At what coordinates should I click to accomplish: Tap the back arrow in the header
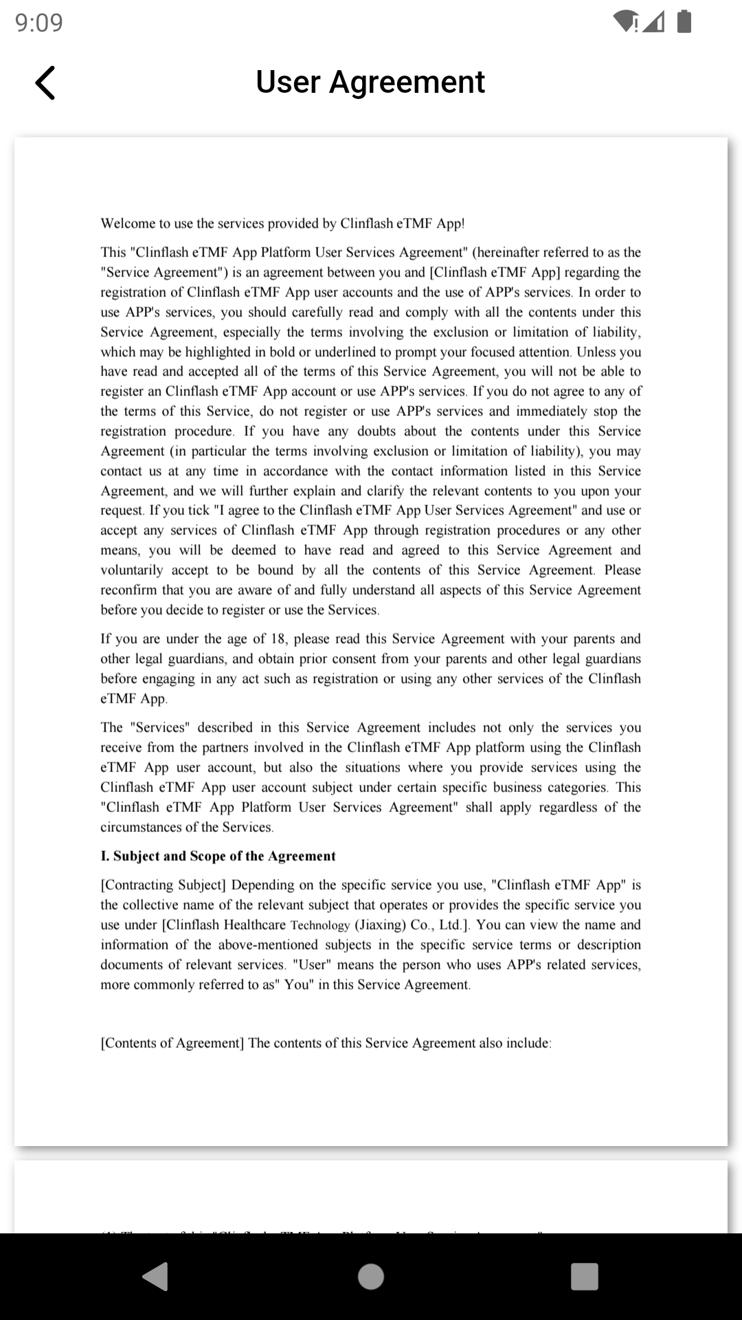(45, 83)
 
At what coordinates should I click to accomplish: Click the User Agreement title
(370, 82)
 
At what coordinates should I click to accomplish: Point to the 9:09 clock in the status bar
(39, 23)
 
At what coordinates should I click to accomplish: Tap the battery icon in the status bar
(684, 21)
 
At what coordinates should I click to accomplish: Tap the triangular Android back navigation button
(156, 1277)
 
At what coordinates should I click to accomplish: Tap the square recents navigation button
(584, 1277)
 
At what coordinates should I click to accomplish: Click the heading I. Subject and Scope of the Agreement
(218, 856)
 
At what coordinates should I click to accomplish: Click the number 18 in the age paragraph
(278, 639)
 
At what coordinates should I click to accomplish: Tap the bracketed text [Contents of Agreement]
(172, 1043)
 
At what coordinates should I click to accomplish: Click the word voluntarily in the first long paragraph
(132, 570)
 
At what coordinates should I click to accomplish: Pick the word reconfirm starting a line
(128, 590)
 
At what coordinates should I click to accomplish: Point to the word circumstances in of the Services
(140, 827)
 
